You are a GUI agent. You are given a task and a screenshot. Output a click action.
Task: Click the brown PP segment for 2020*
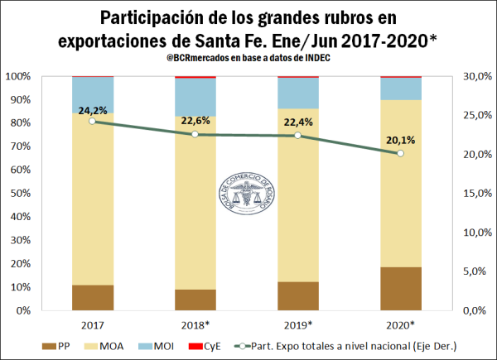coord(401,288)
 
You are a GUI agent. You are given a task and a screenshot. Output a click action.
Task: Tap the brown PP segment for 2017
coord(92,297)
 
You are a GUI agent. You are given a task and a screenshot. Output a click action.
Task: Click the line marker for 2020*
coord(401,153)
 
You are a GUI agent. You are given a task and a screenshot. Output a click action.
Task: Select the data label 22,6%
coord(195,121)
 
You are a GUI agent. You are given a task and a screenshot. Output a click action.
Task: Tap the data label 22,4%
coord(298,122)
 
